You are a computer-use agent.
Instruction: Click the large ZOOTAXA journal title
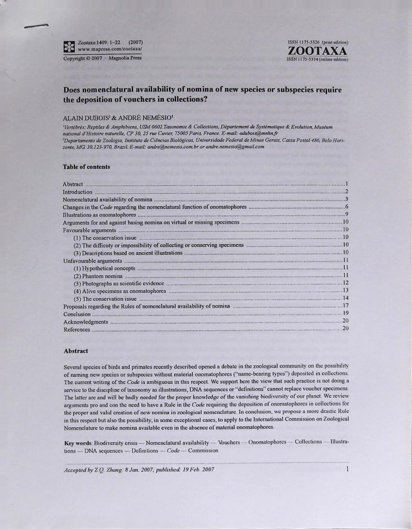coord(317,51)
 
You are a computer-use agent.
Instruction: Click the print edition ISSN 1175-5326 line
coord(317,41)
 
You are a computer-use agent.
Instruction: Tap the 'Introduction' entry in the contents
coord(78,192)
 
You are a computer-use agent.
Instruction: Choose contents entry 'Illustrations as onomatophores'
coord(99,214)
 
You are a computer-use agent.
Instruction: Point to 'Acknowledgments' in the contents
coord(85,321)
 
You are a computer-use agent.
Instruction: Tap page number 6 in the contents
coord(347,207)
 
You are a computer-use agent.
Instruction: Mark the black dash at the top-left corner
coord(36,25)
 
